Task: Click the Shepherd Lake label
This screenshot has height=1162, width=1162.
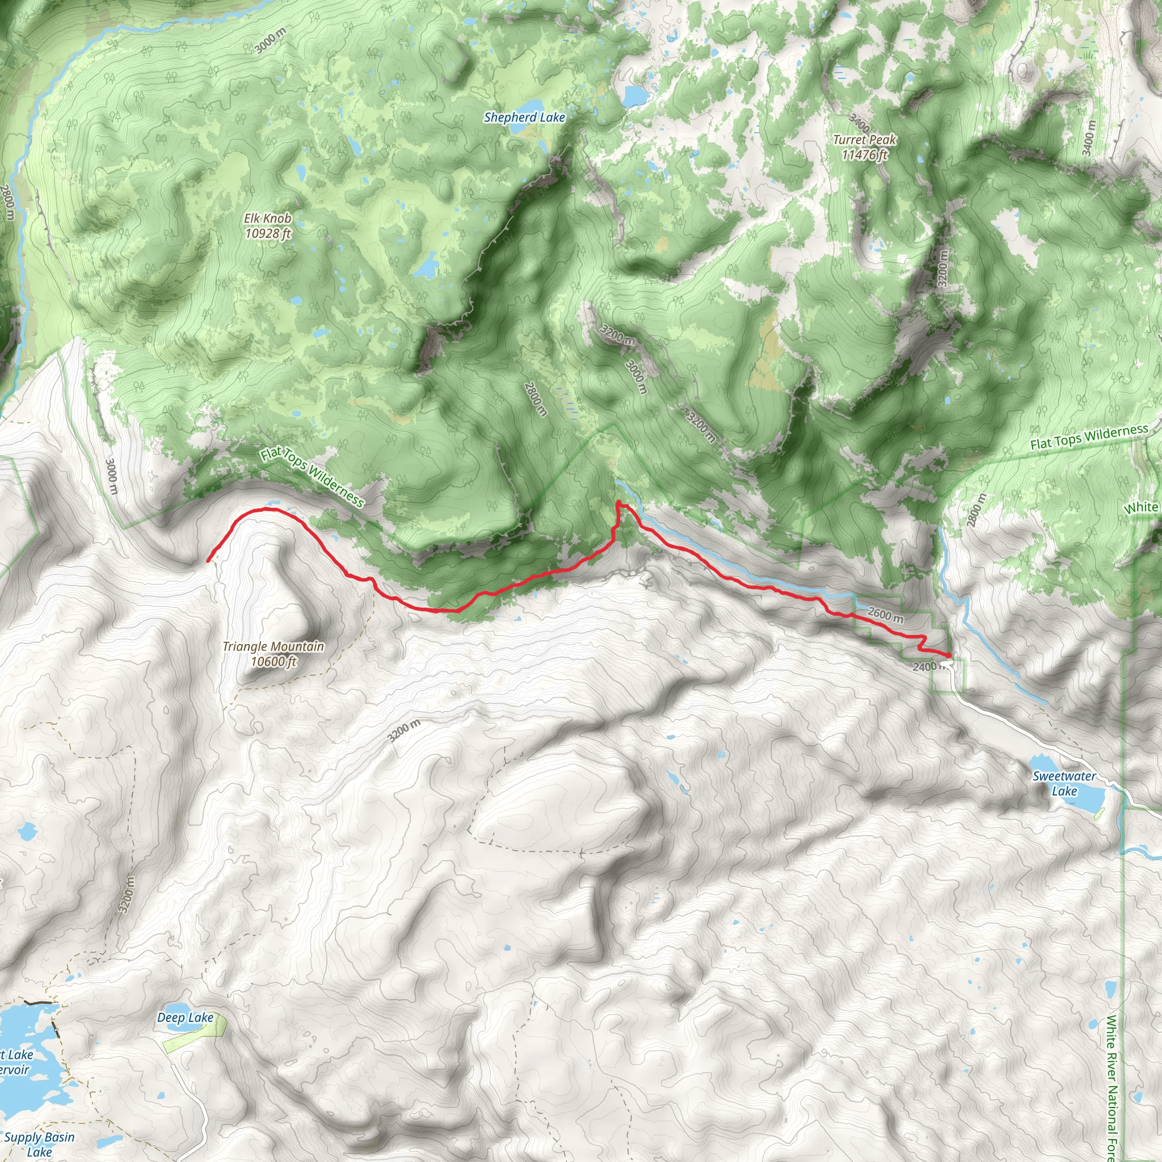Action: pyautogui.click(x=524, y=117)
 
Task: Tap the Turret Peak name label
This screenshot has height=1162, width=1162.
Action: pyautogui.click(x=864, y=140)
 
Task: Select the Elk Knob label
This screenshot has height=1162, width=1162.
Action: pyautogui.click(x=268, y=218)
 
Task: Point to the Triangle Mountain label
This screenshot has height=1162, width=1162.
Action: pyautogui.click(x=273, y=647)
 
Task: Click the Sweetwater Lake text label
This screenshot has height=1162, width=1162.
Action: pyautogui.click(x=1064, y=784)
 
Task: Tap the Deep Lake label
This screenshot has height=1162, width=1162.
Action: pyautogui.click(x=185, y=1018)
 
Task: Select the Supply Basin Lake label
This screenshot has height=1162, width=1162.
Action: pyautogui.click(x=39, y=1144)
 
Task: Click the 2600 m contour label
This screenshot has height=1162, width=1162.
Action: pyautogui.click(x=885, y=614)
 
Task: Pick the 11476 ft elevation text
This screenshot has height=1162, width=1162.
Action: pyautogui.click(x=864, y=155)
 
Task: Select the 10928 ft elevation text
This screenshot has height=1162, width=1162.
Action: pyautogui.click(x=268, y=233)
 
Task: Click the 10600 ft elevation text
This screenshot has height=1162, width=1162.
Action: pyautogui.click(x=273, y=662)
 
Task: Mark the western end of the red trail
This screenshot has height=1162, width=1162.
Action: pyautogui.click(x=208, y=561)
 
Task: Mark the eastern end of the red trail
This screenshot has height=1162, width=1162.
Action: pyautogui.click(x=949, y=655)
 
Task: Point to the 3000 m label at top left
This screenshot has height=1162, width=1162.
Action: pyautogui.click(x=270, y=41)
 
